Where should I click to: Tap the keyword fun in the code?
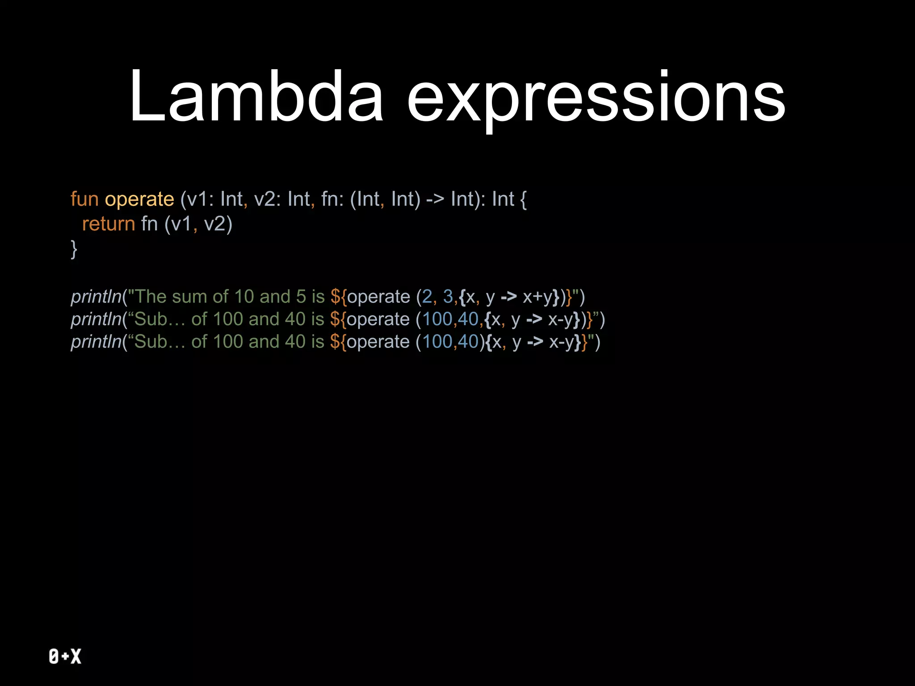pos(84,199)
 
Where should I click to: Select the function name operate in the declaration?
pos(139,199)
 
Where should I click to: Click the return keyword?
pos(109,224)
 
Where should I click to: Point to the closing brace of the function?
pos(74,248)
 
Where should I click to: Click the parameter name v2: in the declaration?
pos(267,199)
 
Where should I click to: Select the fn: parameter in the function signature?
pos(332,199)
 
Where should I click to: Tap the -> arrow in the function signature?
pos(435,200)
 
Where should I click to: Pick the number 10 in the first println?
pos(244,297)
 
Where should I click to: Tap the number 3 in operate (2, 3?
pos(448,297)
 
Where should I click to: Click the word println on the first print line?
pos(96,297)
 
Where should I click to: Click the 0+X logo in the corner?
pos(65,656)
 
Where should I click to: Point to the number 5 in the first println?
pos(301,297)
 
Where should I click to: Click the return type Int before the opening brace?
pos(503,199)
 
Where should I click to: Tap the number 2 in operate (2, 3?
pos(427,297)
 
